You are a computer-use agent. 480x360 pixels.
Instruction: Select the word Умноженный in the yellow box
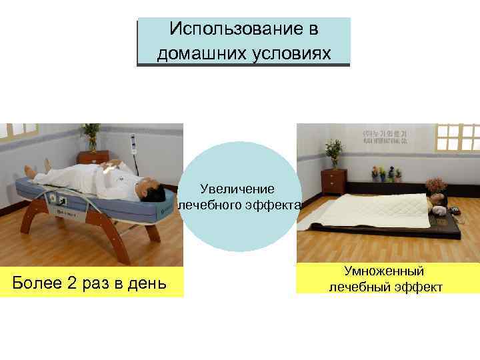click(384, 271)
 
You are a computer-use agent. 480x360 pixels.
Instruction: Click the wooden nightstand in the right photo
click(333, 181)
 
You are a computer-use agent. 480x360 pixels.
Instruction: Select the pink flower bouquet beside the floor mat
click(437, 183)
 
